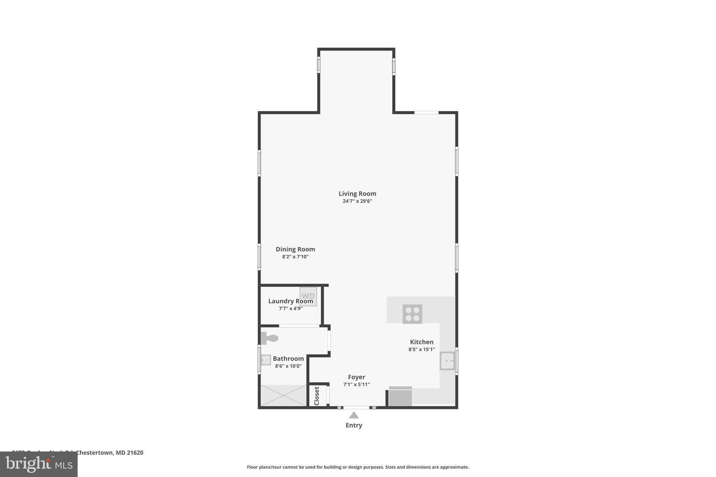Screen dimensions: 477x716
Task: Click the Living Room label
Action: point(357,194)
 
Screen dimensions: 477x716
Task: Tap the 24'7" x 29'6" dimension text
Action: point(357,201)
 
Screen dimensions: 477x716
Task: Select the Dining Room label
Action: point(295,249)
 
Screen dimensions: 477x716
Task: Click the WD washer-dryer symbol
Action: point(308,296)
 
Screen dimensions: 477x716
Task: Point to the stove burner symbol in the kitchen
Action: point(412,314)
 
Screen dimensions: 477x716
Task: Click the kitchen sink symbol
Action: point(447,361)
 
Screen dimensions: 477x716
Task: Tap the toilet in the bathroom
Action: point(269,338)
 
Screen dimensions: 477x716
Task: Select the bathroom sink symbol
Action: point(266,360)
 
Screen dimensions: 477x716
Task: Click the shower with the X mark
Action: point(283,395)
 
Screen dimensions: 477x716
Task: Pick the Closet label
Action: point(317,396)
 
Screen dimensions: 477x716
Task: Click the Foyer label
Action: point(356,377)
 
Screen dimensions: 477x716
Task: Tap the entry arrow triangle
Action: point(354,415)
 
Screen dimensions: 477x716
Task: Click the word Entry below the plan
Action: point(354,425)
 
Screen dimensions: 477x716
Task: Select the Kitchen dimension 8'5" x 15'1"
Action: point(421,349)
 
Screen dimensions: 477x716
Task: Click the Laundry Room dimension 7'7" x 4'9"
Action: point(291,309)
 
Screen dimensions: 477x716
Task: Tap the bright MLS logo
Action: point(38,464)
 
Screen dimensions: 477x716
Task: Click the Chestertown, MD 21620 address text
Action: point(109,453)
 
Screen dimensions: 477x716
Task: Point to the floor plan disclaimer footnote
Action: point(358,467)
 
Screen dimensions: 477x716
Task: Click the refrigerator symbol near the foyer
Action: point(400,397)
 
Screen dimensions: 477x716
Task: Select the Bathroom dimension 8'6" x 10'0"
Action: point(288,366)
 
